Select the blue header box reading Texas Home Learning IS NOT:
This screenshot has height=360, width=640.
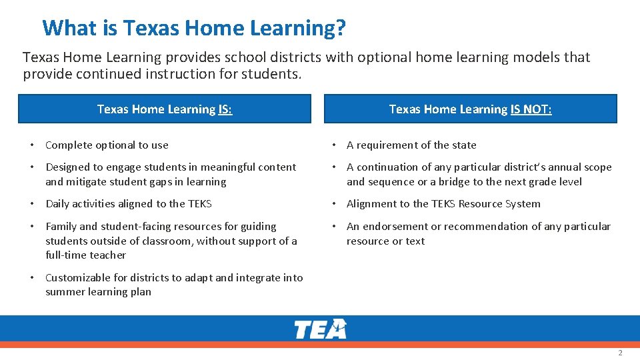pos(470,109)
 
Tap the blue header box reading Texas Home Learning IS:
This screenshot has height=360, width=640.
pos(164,109)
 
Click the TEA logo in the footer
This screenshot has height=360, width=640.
pos(321,329)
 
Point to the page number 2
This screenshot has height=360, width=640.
pos(620,353)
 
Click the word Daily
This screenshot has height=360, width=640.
pos(58,204)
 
